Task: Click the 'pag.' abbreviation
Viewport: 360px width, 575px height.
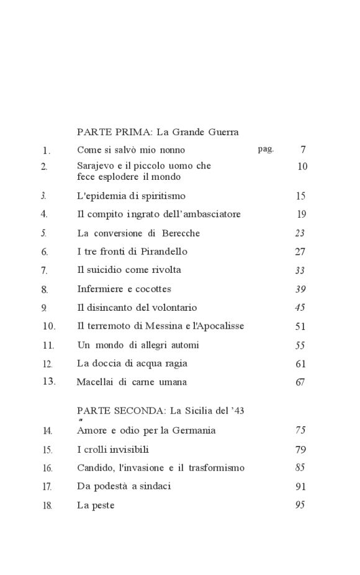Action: point(266,149)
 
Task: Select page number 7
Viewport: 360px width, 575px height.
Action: point(303,149)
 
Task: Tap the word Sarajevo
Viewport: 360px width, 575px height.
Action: point(97,166)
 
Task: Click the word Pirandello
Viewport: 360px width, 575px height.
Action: point(162,252)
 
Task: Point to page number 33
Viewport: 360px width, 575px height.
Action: point(300,270)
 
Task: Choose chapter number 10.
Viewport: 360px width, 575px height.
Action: point(49,326)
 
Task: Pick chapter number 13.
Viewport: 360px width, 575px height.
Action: point(49,381)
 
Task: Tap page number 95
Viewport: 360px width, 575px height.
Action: point(300,505)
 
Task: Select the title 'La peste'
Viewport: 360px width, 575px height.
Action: point(96,506)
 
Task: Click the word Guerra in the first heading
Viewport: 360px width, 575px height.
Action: point(222,131)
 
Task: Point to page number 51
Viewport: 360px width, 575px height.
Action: point(300,326)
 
